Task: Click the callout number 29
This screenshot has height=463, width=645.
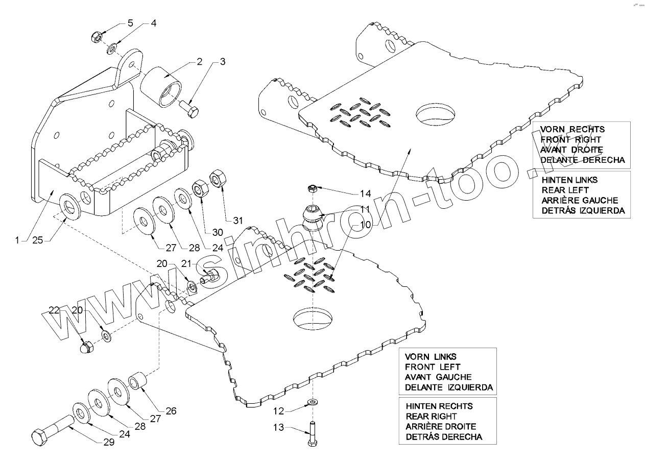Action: (109, 443)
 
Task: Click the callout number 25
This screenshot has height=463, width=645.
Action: (37, 240)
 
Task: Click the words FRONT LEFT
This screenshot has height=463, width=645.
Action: (432, 367)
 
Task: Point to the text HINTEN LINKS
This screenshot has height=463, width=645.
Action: (569, 180)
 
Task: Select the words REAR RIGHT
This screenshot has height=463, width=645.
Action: (431, 416)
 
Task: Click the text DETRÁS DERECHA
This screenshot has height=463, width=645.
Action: (444, 436)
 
